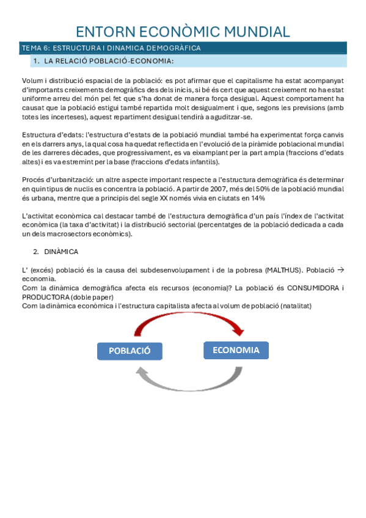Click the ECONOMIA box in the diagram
tap(236, 350)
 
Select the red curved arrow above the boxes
tap(183, 323)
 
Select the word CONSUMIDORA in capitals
tap(312, 288)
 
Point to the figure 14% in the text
tap(258, 197)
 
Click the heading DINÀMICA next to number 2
tap(61, 252)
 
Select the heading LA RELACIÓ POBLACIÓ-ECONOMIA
tap(109, 61)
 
